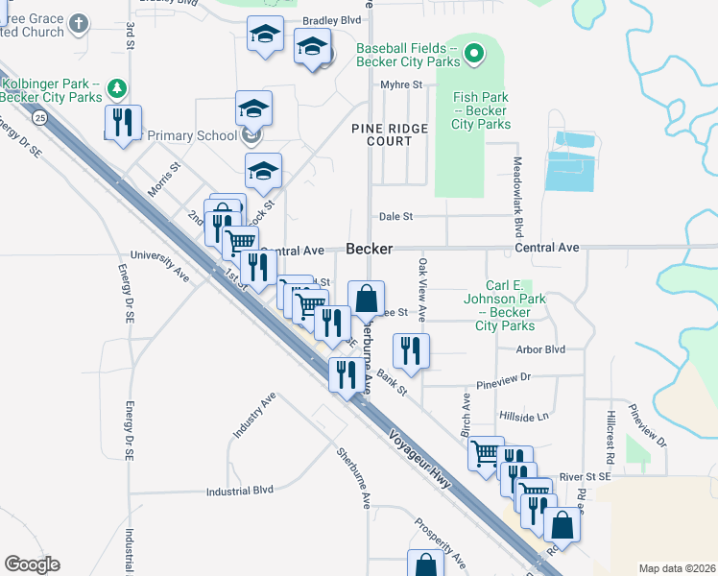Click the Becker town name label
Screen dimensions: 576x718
click(370, 249)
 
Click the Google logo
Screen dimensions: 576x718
click(32, 564)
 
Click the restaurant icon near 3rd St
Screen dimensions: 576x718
click(124, 123)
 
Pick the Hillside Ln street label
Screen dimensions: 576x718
click(523, 416)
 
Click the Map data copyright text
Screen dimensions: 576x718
click(676, 568)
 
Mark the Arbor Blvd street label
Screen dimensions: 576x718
click(540, 350)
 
